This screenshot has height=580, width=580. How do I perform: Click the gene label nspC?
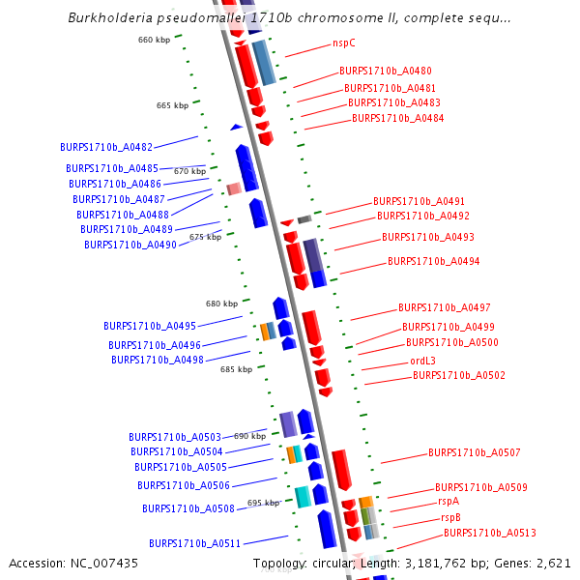pyautogui.click(x=343, y=43)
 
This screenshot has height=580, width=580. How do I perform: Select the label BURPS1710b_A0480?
pyautogui.click(x=385, y=71)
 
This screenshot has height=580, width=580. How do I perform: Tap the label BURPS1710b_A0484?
pyautogui.click(x=397, y=118)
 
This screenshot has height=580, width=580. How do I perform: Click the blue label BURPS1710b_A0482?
pyautogui.click(x=106, y=148)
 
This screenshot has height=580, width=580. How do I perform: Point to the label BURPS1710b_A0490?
pyautogui.click(x=130, y=245)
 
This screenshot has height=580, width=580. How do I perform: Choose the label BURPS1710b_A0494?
pyautogui.click(x=433, y=261)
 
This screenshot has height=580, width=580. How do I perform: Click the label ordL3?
pyautogui.click(x=422, y=361)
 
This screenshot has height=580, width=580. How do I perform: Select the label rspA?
pyautogui.click(x=449, y=501)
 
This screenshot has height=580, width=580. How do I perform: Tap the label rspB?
pyautogui.click(x=450, y=517)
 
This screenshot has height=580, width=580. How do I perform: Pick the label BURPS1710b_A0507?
pyautogui.click(x=475, y=452)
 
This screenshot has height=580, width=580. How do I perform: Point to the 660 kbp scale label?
pyautogui.click(x=154, y=40)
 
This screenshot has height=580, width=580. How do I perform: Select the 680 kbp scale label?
pyautogui.click(x=221, y=304)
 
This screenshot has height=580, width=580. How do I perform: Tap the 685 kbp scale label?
pyautogui.click(x=236, y=369)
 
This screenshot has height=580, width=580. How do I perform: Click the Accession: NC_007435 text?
pyautogui.click(x=73, y=563)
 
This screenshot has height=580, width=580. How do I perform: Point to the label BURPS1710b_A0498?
pyautogui.click(x=158, y=360)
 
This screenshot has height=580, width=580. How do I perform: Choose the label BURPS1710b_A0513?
pyautogui.click(x=490, y=533)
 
